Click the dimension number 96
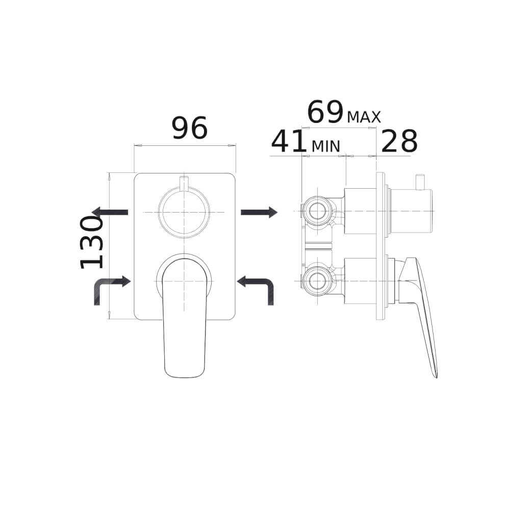point(189,128)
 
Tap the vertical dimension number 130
point(91,242)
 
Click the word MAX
point(364,117)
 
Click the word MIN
point(325,146)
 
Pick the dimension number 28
point(399,141)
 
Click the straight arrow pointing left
point(110,212)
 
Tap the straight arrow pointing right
point(259,212)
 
